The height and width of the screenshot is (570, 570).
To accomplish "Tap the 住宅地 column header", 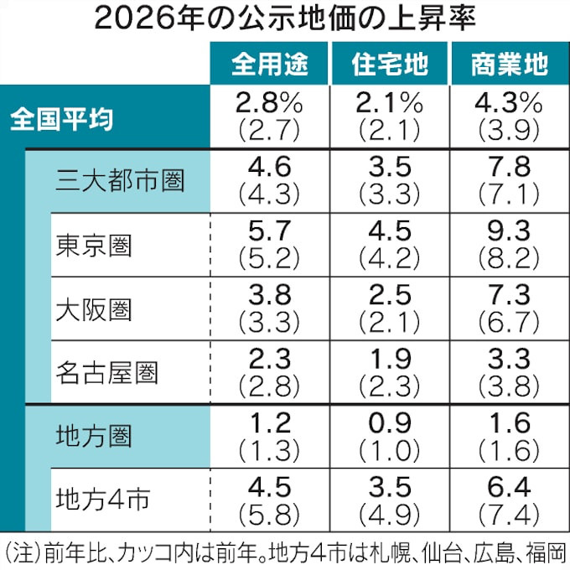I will (388, 65).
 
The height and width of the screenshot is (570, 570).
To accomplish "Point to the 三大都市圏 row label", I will (121, 180).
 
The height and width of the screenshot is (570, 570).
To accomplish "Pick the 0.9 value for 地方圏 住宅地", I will (388, 422).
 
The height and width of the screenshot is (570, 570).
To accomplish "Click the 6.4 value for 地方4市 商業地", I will (510, 486).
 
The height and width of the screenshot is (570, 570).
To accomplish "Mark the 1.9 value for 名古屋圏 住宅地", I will (388, 358).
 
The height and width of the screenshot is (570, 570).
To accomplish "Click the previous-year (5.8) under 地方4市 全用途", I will (269, 513).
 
